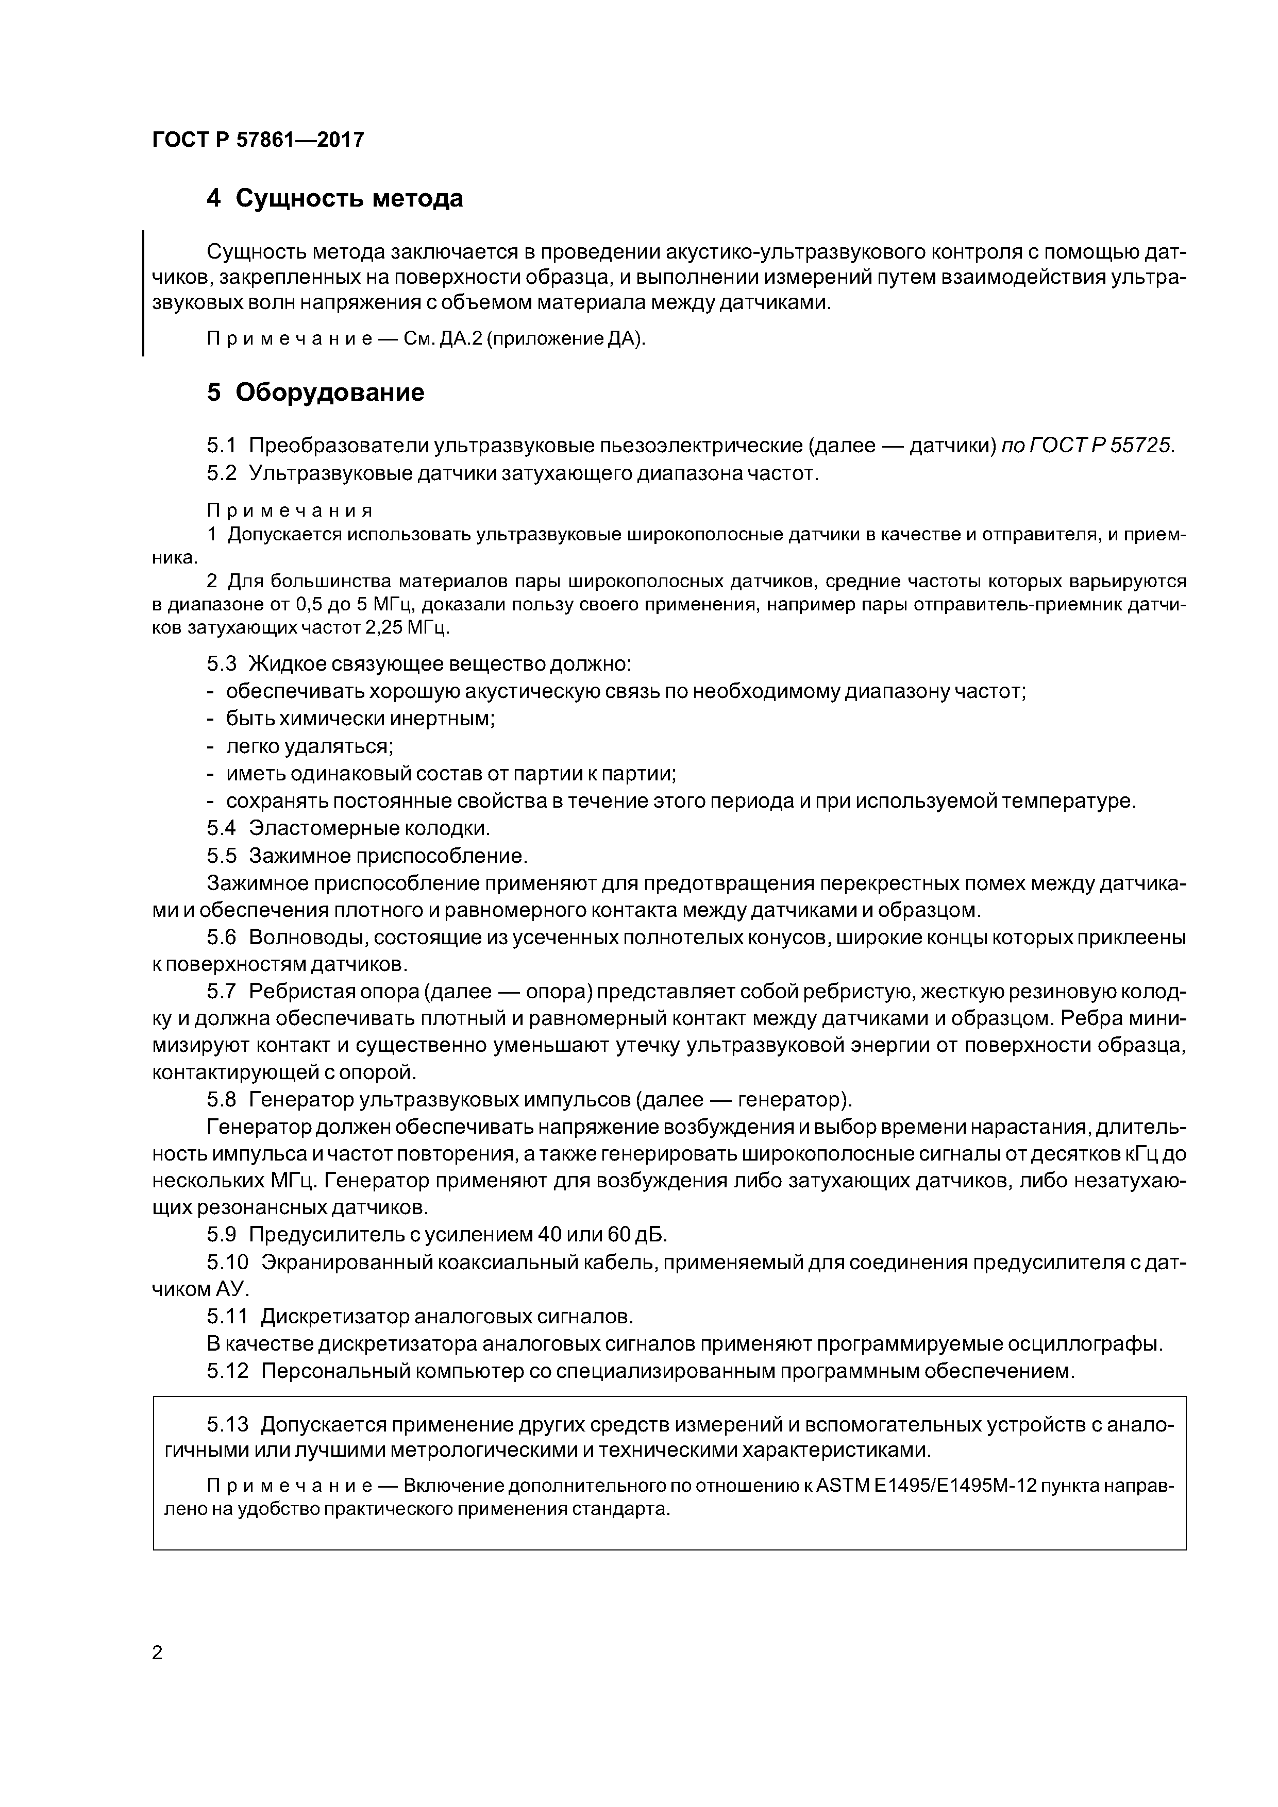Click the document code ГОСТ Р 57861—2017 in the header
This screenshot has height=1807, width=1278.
258,140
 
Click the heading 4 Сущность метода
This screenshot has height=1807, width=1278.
334,198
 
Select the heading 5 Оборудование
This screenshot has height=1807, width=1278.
315,392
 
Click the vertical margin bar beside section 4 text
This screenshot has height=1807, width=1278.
143,293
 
